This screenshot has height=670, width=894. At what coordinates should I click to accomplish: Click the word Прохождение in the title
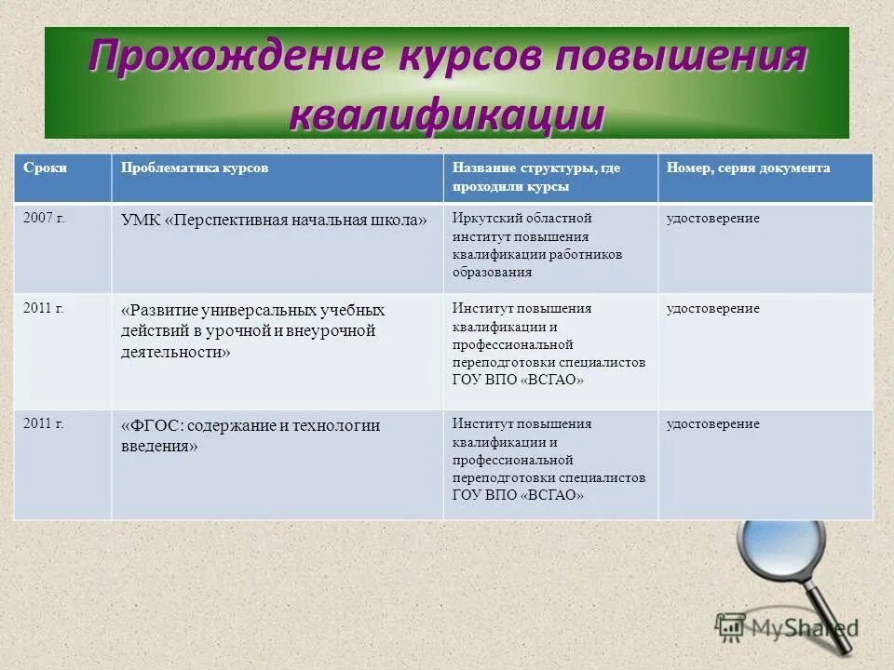[x=237, y=58]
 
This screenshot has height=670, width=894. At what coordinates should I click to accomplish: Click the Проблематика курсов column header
[x=195, y=168]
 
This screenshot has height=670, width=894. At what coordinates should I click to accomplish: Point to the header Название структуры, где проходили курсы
[x=536, y=177]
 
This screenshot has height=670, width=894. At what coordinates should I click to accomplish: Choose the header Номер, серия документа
[x=748, y=168]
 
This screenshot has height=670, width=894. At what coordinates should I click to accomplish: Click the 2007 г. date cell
[x=44, y=218]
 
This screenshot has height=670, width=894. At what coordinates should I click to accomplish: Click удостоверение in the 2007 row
[x=712, y=218]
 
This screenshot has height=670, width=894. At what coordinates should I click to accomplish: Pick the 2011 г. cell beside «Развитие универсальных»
[x=44, y=308]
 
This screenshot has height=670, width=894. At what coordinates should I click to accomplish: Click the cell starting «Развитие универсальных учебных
[x=252, y=330]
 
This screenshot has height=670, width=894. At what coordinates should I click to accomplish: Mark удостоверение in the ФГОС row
[x=712, y=424]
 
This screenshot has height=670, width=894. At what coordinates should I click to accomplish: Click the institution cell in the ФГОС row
[x=549, y=460]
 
